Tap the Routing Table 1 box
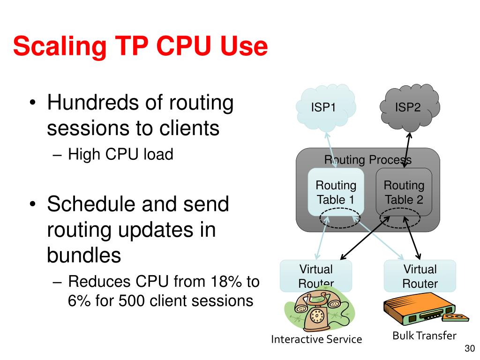click(336, 192)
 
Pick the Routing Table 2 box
click(404, 192)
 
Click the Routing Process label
click(368, 160)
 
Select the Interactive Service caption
click(317, 339)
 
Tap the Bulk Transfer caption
click(424, 335)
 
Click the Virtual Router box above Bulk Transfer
click(420, 276)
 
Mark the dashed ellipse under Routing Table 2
click(400, 219)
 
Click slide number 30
click(469, 348)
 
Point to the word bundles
click(84, 255)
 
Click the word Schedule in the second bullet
click(91, 205)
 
